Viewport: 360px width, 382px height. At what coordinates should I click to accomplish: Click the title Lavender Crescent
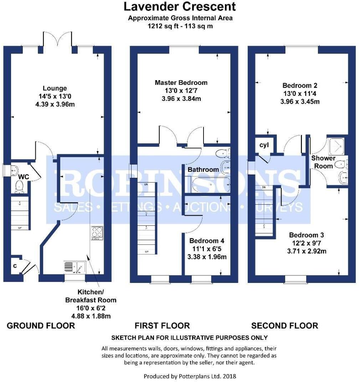tap(180, 6)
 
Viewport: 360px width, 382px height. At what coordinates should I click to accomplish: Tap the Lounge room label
tap(55, 88)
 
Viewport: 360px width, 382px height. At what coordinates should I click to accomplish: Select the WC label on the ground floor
tap(24, 176)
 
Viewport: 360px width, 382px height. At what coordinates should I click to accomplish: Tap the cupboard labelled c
tap(15, 266)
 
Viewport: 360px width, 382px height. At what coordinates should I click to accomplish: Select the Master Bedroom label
tap(181, 83)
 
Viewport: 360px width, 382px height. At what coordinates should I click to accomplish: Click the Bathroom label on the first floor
tap(203, 170)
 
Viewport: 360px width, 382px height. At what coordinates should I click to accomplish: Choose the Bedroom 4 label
tap(206, 241)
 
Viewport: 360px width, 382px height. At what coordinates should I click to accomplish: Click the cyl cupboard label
tap(264, 145)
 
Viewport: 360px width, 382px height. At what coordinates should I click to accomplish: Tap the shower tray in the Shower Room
tap(336, 145)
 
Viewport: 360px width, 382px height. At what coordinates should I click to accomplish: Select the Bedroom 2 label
tap(299, 86)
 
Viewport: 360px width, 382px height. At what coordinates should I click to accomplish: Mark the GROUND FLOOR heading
tap(41, 325)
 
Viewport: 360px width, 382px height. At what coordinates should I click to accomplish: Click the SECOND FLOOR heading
tap(284, 325)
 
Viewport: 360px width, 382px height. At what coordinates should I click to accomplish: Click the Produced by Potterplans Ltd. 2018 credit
tap(190, 376)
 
